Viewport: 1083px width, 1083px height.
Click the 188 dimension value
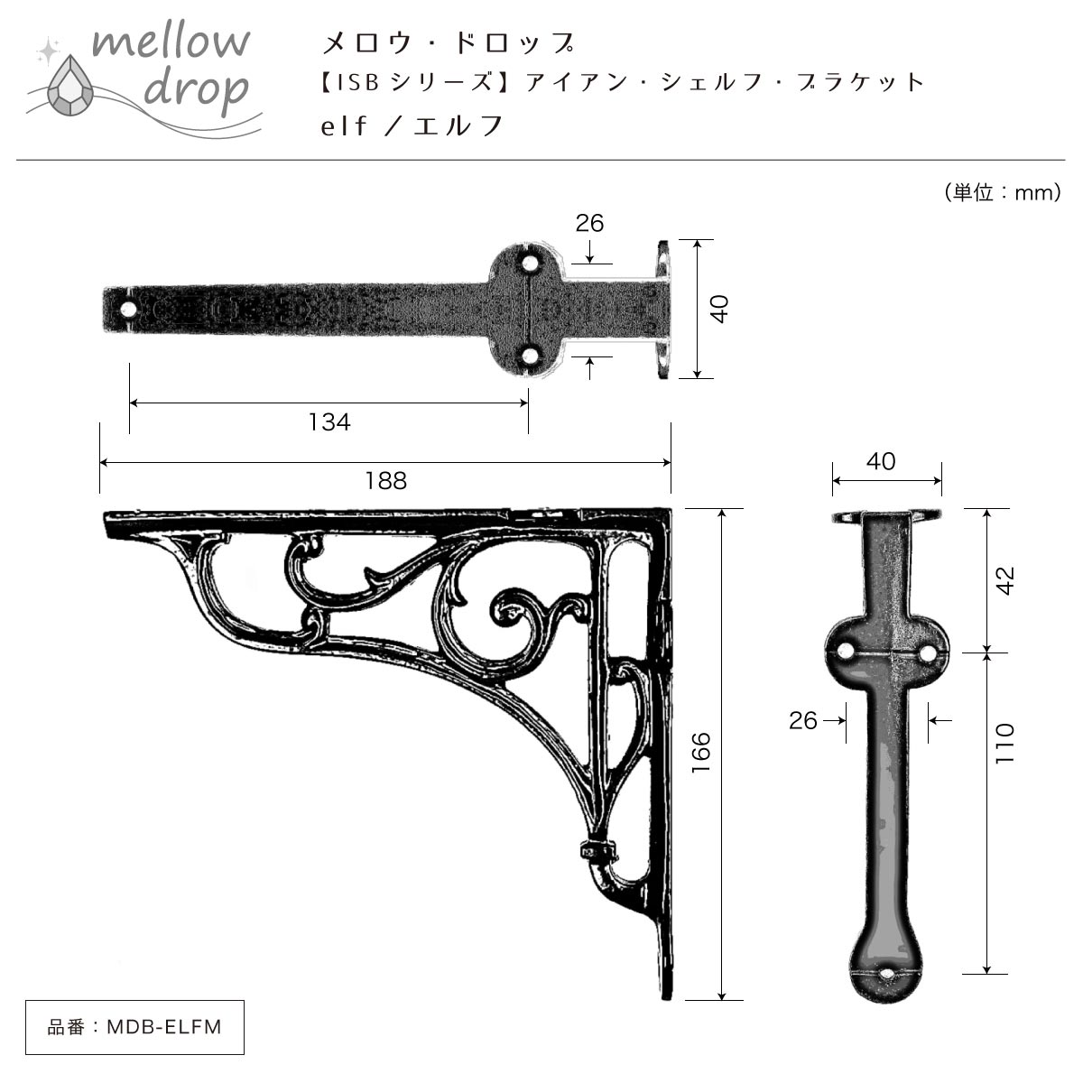tap(386, 480)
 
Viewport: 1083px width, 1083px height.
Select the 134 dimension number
tap(330, 422)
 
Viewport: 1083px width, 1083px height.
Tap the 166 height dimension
tap(701, 753)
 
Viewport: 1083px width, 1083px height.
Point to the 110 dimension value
tap(1004, 743)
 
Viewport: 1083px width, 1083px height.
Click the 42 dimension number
tap(1004, 580)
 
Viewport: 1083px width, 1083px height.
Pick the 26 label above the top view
tap(589, 223)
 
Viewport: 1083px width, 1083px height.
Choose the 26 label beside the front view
tap(803, 720)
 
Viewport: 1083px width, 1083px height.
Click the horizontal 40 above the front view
tap(881, 461)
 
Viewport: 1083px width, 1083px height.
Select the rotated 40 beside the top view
tap(720, 310)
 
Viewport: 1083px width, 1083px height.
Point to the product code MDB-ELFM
tap(164, 1027)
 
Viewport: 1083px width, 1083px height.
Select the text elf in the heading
tap(343, 125)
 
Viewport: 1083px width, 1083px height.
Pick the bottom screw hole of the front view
tap(886, 974)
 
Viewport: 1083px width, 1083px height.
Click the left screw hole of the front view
tap(844, 652)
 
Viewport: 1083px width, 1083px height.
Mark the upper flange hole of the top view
tap(528, 263)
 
